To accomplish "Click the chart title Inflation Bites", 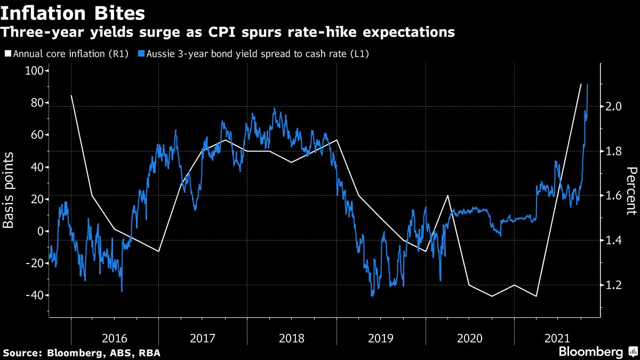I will [x=74, y=11].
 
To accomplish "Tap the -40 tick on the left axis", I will [x=35, y=295].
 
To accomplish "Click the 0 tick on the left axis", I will [x=40, y=231].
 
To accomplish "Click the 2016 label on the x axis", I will [x=114, y=338].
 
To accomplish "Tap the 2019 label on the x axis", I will [x=381, y=338].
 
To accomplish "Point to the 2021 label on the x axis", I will [x=558, y=338].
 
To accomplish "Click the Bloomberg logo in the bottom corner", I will [x=591, y=352].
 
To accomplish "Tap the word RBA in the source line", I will [x=150, y=353].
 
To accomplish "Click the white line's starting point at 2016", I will [x=71, y=95].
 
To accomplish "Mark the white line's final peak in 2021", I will [x=581, y=84].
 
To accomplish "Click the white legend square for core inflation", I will [x=7, y=54].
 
